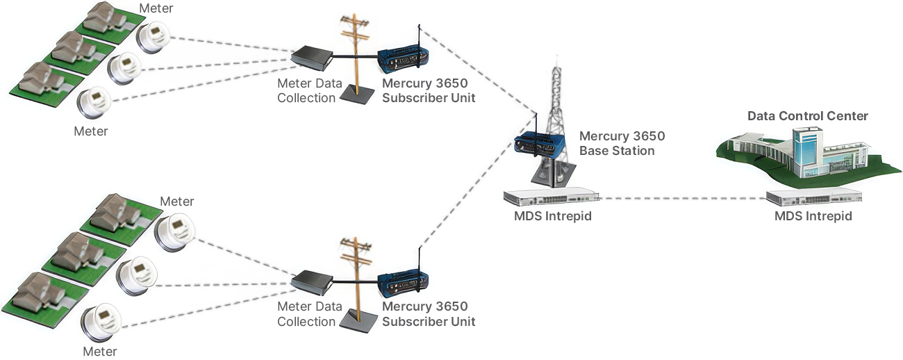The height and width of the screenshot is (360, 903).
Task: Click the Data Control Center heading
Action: tap(807, 116)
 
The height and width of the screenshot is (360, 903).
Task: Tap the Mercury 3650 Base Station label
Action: tap(622, 143)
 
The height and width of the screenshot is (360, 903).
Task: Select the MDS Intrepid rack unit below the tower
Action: tap(551, 197)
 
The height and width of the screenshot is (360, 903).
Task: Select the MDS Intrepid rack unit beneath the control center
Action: tap(813, 197)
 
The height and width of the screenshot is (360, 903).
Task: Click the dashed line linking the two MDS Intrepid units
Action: tap(683, 198)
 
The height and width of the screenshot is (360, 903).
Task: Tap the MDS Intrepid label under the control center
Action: tap(813, 216)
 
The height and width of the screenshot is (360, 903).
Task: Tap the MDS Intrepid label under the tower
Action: tap(553, 216)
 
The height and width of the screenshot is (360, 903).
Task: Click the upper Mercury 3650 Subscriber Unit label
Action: tap(429, 91)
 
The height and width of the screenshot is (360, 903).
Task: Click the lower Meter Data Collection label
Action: tap(310, 314)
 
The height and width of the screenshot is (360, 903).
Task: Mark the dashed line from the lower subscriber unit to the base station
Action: tap(478, 181)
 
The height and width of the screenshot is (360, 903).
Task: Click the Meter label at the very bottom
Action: tap(99, 352)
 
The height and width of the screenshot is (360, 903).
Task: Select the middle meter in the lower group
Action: tap(136, 276)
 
